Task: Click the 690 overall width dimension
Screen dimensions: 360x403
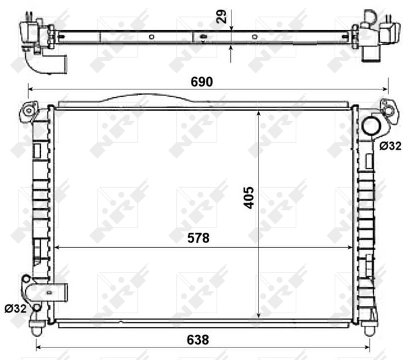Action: pos(201,82)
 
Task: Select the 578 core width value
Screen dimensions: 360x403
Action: pos(197,238)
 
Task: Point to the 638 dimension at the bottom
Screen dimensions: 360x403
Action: pos(197,340)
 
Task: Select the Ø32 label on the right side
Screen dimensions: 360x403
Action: pos(390,145)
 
